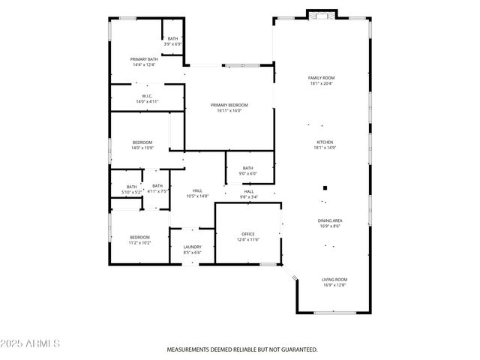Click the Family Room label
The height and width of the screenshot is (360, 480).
pyautogui.click(x=321, y=78)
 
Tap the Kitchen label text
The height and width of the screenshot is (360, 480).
pyautogui.click(x=325, y=142)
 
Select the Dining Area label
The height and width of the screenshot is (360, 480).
pyautogui.click(x=331, y=220)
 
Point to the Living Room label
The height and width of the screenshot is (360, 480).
pyautogui.click(x=334, y=280)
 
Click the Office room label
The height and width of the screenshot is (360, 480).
pyautogui.click(x=248, y=234)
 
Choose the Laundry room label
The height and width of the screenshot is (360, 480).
pyautogui.click(x=192, y=247)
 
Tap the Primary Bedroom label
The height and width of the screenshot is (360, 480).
pyautogui.click(x=229, y=105)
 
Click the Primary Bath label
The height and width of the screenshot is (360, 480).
pyautogui.click(x=143, y=59)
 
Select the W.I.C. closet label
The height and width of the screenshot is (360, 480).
pyautogui.click(x=147, y=96)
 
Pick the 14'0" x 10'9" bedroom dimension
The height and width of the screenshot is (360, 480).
pyautogui.click(x=142, y=148)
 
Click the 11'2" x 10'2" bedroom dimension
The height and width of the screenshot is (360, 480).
pyautogui.click(x=139, y=243)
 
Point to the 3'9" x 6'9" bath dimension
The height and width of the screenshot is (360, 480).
pyautogui.click(x=173, y=44)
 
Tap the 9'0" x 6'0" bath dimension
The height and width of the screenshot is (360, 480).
pyautogui.click(x=248, y=174)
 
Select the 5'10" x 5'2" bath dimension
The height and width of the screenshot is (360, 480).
pyautogui.click(x=131, y=193)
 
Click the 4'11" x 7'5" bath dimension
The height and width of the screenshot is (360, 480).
pyautogui.click(x=157, y=191)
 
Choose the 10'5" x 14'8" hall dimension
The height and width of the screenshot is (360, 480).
pyautogui.click(x=197, y=196)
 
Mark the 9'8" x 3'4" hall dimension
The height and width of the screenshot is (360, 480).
pyautogui.click(x=248, y=197)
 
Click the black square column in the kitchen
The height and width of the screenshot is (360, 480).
pyautogui.click(x=325, y=188)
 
